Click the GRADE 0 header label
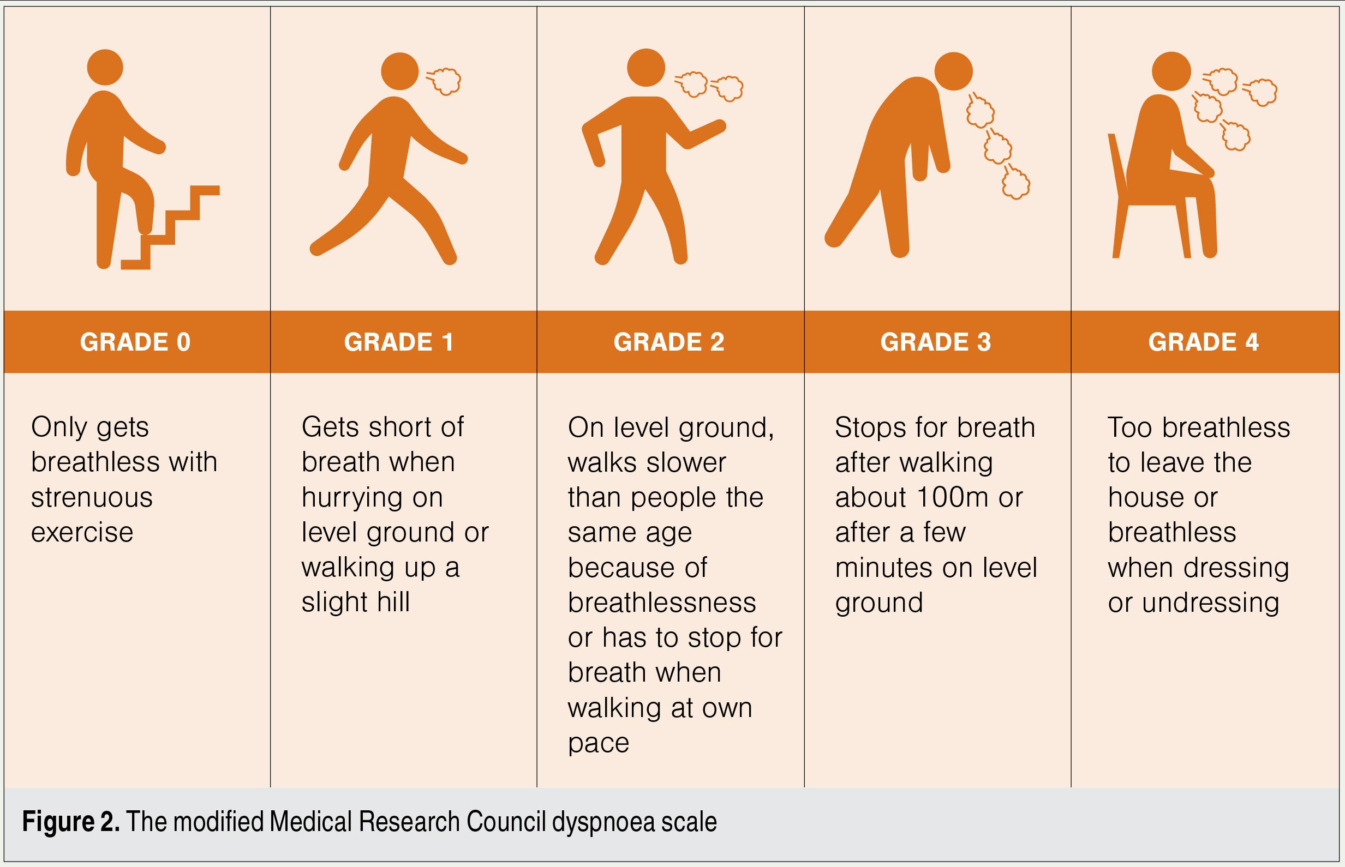pos(135,342)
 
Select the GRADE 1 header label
pos(399,342)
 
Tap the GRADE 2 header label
pos(669,342)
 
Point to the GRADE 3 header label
pos(936,342)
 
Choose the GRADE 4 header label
pos(1204,342)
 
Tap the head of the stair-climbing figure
pos(105,68)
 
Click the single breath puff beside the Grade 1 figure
pos(444,81)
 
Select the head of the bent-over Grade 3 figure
pos(954,71)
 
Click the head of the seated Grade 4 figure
pos(1171,71)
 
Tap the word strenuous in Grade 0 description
pos(92,498)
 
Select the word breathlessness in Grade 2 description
pos(662,603)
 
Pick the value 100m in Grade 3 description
pos(953,498)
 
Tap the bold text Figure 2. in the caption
pos(71,822)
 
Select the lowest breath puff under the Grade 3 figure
pos(1016,181)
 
